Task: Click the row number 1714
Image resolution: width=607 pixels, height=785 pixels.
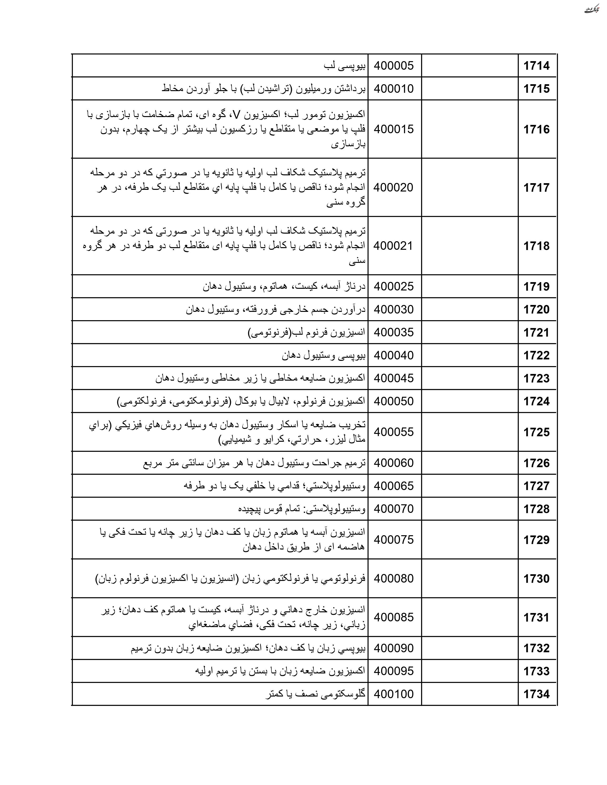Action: pyautogui.click(x=536, y=66)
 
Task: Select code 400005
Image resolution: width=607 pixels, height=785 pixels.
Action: pyautogui.click(x=394, y=66)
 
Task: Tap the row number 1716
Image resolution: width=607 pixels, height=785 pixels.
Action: pyautogui.click(x=536, y=129)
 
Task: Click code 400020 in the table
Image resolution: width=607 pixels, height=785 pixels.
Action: pyautogui.click(x=393, y=187)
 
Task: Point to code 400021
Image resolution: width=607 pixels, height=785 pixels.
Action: pyautogui.click(x=393, y=246)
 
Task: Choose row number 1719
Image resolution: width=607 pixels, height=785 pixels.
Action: pyautogui.click(x=536, y=286)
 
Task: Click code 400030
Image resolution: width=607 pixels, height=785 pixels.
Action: pyautogui.click(x=394, y=309)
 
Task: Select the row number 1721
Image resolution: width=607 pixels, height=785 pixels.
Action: pyautogui.click(x=536, y=333)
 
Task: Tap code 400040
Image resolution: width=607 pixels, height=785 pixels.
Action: pyautogui.click(x=394, y=355)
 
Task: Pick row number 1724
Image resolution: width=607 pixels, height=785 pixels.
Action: pyautogui.click(x=536, y=401)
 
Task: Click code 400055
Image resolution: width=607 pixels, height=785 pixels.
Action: pyautogui.click(x=394, y=432)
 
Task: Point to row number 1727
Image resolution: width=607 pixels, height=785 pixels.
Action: pyautogui.click(x=536, y=486)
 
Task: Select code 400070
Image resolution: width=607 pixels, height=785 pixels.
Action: pyautogui.click(x=394, y=509)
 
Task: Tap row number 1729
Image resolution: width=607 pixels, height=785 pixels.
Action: pyautogui.click(x=536, y=540)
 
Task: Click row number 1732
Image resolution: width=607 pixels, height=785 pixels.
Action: pyautogui.click(x=536, y=648)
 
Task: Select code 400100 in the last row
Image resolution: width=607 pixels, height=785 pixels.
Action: pyautogui.click(x=394, y=694)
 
